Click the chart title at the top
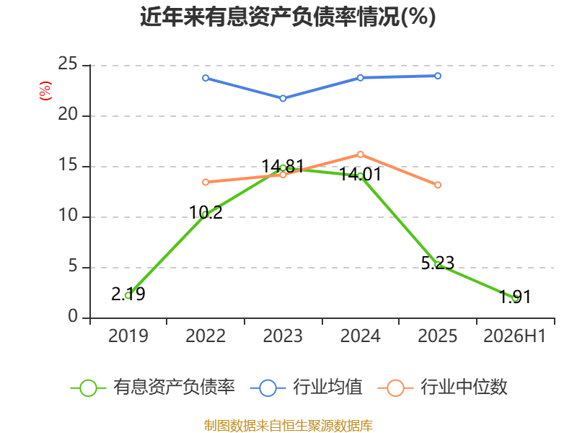288,17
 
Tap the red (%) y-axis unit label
45,91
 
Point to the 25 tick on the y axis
68,64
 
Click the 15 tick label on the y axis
68,165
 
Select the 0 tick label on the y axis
73,316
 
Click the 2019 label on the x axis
128,336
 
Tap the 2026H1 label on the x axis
514,336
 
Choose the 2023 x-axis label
283,336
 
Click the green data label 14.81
283,167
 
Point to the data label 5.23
438,263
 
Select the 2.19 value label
128,294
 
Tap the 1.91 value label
515,297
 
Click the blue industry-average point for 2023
283,98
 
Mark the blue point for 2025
438,76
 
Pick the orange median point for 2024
360,154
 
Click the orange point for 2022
206,183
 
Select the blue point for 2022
206,78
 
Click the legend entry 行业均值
306,388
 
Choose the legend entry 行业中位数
443,388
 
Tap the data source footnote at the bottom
288,426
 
